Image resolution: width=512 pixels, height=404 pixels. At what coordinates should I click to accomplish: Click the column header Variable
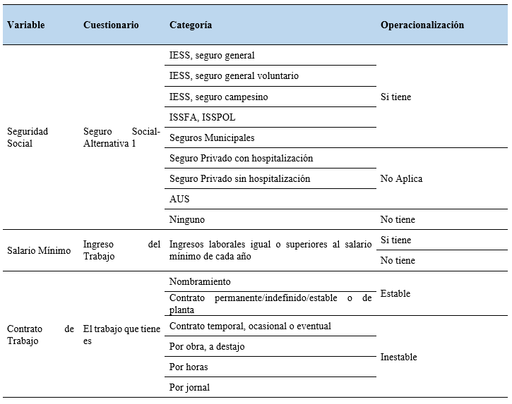26,25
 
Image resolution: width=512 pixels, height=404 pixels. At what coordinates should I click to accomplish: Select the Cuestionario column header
111,25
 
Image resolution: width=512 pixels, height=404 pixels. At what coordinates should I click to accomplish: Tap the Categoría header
191,25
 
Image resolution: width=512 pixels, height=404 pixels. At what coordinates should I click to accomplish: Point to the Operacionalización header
422,25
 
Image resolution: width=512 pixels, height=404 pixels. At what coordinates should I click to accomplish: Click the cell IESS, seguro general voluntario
234,75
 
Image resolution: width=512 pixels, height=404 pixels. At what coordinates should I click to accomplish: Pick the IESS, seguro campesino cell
219,97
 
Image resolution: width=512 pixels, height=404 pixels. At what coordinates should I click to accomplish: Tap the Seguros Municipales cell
212,137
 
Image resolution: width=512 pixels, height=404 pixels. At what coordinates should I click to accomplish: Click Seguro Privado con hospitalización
241,158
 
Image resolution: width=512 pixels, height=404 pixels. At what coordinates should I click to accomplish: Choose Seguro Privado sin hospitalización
239,178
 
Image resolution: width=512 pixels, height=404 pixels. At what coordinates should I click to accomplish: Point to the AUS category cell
179,199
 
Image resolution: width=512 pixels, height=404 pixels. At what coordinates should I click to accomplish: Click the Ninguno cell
187,219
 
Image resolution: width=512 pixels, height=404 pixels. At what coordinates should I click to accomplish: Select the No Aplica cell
401,178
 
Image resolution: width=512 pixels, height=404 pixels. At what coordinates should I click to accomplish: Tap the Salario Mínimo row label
39,250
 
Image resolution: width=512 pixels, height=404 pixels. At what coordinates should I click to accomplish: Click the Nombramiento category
200,281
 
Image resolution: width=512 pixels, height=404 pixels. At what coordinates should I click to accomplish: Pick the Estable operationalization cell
395,293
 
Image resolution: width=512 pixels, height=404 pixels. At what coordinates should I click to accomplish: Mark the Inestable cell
398,357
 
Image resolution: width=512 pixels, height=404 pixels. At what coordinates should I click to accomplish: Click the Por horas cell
189,367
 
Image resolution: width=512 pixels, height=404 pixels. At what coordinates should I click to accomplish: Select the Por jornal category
189,387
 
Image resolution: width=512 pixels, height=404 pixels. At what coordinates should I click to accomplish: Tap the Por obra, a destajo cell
207,346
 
